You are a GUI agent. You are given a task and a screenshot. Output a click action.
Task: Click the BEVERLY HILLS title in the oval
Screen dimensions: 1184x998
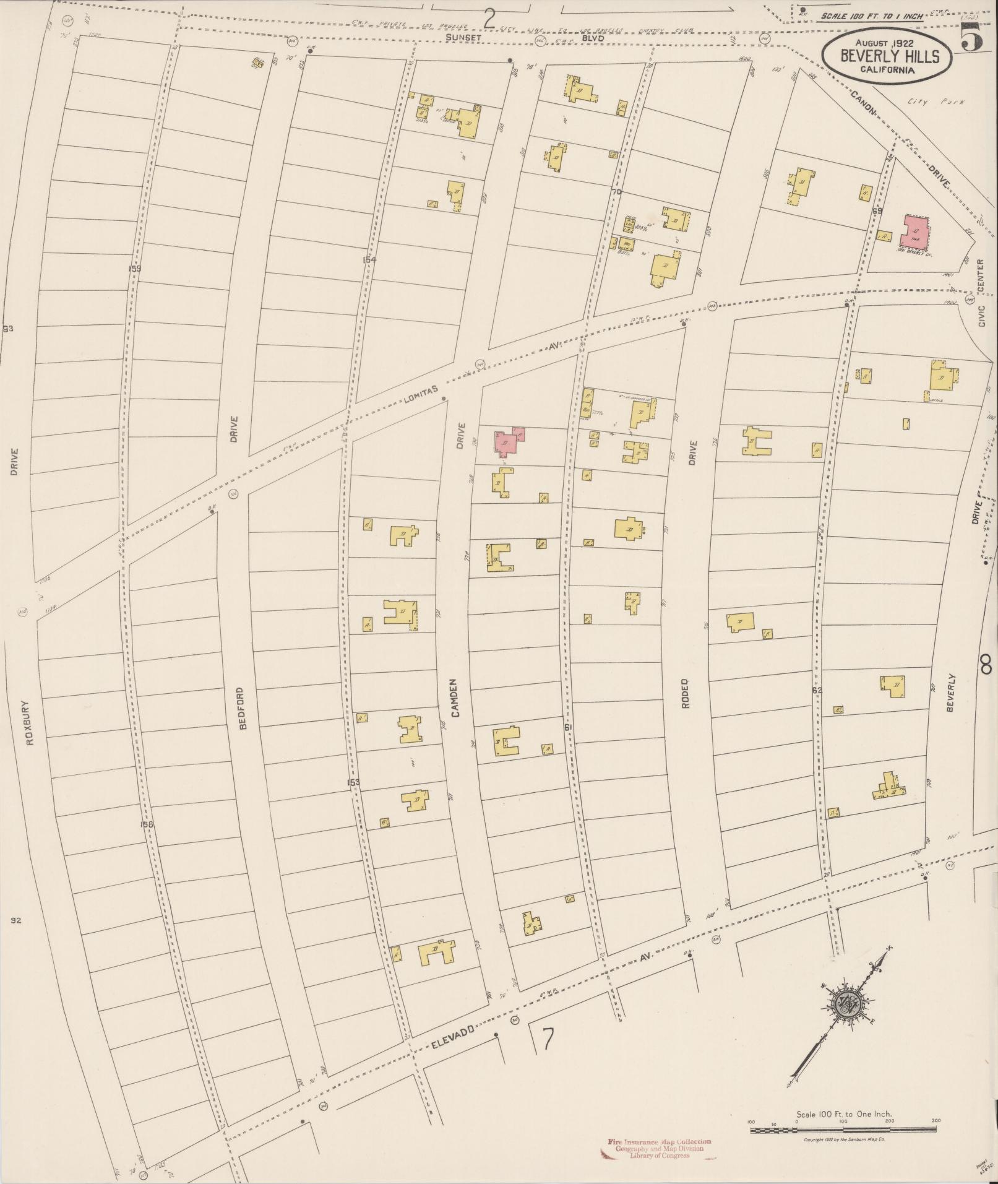[888, 56]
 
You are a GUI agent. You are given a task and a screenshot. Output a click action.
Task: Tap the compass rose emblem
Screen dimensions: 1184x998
[847, 1005]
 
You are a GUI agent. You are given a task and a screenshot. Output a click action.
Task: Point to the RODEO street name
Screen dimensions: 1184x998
[686, 694]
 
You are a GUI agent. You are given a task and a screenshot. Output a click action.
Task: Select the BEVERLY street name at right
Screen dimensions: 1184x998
[951, 693]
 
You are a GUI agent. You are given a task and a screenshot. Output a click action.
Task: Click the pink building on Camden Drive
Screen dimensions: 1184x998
[509, 442]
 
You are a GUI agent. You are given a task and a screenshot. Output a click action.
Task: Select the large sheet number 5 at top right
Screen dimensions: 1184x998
[973, 39]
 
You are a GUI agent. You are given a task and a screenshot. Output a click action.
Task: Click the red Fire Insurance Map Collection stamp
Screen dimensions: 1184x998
[659, 1148]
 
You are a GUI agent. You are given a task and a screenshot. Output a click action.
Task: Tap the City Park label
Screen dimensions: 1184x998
[936, 102]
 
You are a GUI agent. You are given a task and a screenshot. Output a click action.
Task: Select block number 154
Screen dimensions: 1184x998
[369, 260]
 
